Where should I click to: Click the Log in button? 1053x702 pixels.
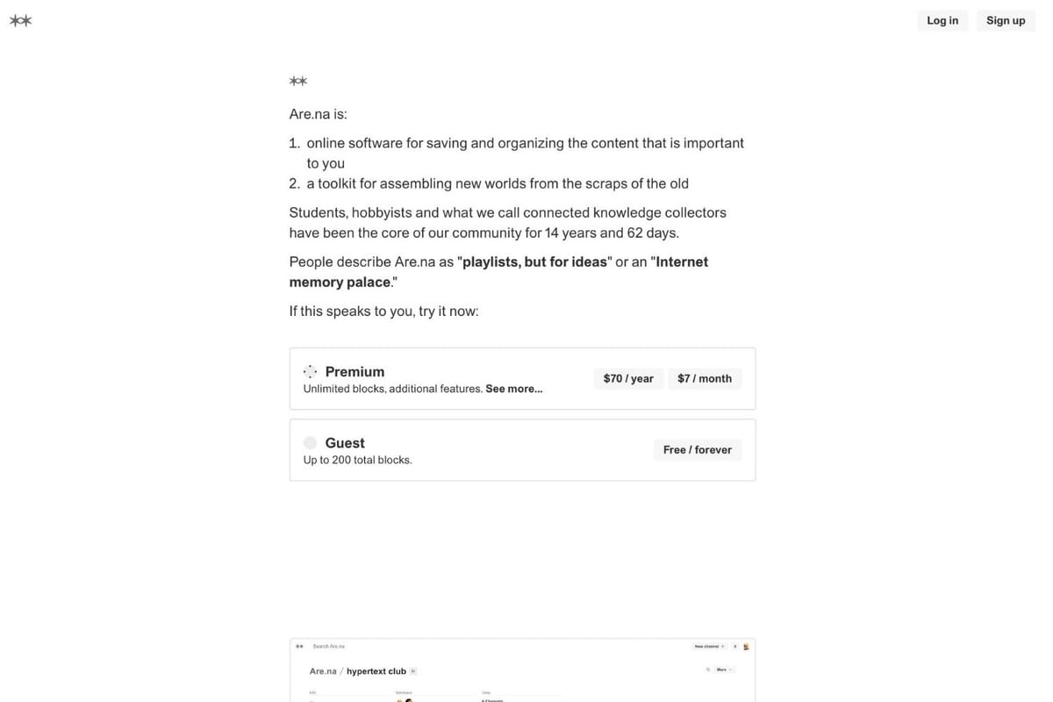click(942, 20)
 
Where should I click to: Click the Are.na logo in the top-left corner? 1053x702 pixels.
click(20, 20)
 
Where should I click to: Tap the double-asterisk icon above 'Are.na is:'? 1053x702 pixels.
click(297, 82)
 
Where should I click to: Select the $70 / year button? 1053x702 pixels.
click(628, 378)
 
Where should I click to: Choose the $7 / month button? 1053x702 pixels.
click(705, 378)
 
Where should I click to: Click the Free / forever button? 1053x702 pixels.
click(698, 449)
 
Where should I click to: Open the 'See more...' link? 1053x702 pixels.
click(513, 389)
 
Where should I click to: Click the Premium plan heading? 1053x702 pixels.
click(355, 371)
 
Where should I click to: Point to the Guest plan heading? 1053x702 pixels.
click(345, 442)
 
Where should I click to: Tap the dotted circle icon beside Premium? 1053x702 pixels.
click(310, 371)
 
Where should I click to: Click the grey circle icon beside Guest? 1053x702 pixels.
click(310, 442)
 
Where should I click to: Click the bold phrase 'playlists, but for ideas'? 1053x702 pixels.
click(534, 261)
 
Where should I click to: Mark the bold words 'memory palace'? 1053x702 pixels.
click(340, 282)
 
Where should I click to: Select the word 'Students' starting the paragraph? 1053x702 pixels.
click(319, 212)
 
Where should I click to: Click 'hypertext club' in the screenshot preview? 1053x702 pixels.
click(376, 671)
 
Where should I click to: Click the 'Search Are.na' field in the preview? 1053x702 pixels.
click(329, 646)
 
